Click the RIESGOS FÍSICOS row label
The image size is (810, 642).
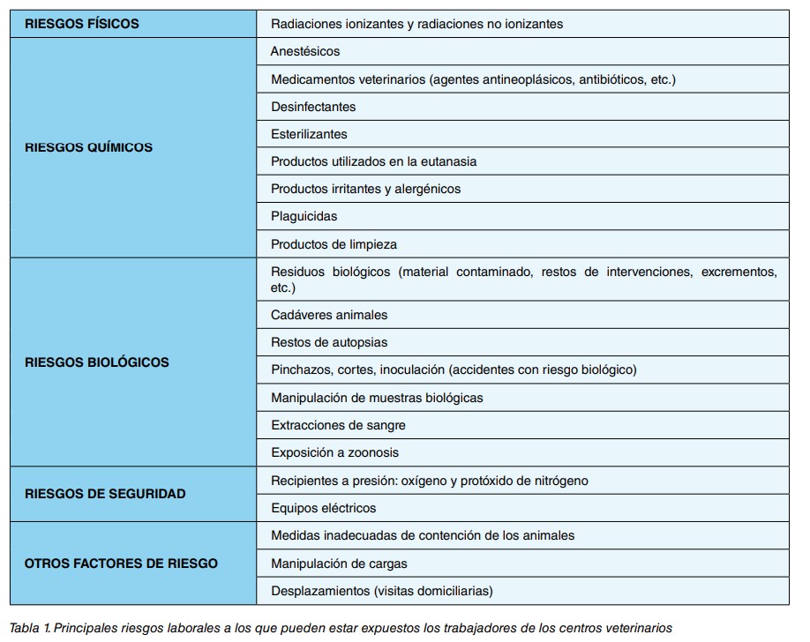(x=82, y=24)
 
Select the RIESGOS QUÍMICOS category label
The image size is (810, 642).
(x=88, y=147)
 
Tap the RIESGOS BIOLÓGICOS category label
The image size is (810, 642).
(x=96, y=362)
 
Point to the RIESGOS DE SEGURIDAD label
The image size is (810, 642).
(x=105, y=494)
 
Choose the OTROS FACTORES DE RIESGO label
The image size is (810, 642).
(x=121, y=563)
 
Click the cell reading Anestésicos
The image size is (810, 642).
(x=305, y=52)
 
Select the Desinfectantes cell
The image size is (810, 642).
(x=313, y=107)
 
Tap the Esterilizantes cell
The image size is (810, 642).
(x=309, y=134)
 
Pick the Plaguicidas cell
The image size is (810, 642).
(x=304, y=216)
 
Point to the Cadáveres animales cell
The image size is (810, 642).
(x=329, y=315)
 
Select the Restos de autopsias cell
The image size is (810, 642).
(x=329, y=342)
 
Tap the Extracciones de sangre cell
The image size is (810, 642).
(x=338, y=425)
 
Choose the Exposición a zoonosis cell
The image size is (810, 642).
(x=334, y=452)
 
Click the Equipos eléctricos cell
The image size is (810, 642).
(x=323, y=508)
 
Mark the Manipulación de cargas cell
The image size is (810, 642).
(x=339, y=563)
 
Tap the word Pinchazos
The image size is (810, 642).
(x=301, y=370)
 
